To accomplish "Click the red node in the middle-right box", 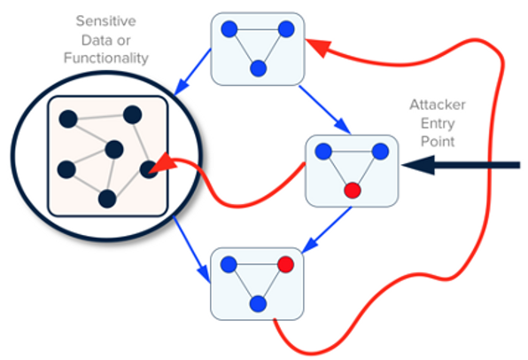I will [x=352, y=190].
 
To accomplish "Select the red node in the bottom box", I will [x=285, y=265].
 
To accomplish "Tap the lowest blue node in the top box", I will [x=259, y=67].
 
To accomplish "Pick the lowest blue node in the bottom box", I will [x=258, y=303].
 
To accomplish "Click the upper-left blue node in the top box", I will [x=229, y=29].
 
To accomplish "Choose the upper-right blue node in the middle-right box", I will [x=379, y=152].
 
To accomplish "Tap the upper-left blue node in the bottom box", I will [x=229, y=264].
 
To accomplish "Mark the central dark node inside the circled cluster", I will [x=113, y=149].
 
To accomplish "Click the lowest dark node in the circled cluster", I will [x=106, y=198].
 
